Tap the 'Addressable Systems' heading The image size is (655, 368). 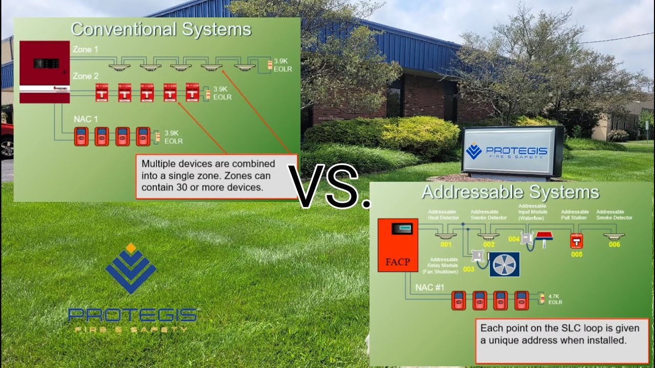tap(510, 192)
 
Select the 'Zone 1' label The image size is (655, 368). tap(85, 50)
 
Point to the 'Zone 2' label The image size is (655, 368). tap(85, 76)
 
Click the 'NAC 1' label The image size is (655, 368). tap(85, 119)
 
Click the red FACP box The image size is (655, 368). tap(398, 245)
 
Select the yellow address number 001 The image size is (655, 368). tap(446, 245)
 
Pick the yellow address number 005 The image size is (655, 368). tap(577, 254)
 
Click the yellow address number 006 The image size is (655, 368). tap(614, 245)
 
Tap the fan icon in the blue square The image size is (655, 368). tap(505, 264)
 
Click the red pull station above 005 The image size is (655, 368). tap(577, 240)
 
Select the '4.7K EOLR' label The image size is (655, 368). tap(555, 299)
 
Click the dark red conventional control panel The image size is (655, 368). tap(45, 72)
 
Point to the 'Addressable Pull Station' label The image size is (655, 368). tap(575, 215)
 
